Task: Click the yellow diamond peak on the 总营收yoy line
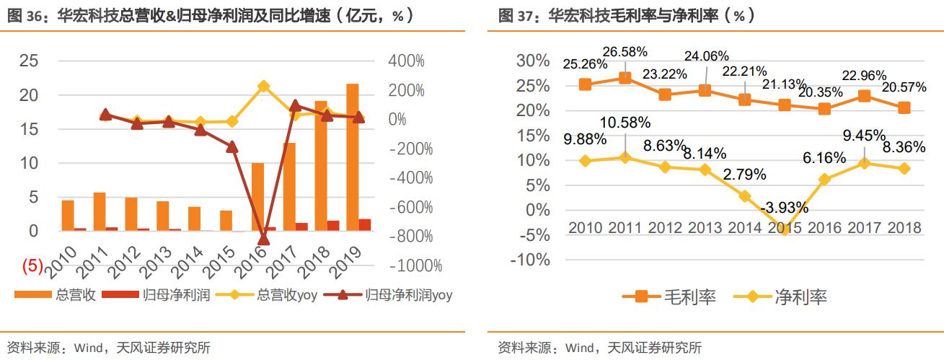pos(263,86)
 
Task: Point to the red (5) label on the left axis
pos(35,265)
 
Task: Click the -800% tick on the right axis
pos(410,237)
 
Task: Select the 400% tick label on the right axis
pos(407,61)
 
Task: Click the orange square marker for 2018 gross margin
pos(904,107)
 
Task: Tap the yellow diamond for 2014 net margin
pos(745,196)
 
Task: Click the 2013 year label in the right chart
pos(705,228)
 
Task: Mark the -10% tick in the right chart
pos(529,260)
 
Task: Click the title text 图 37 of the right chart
pos(518,16)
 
